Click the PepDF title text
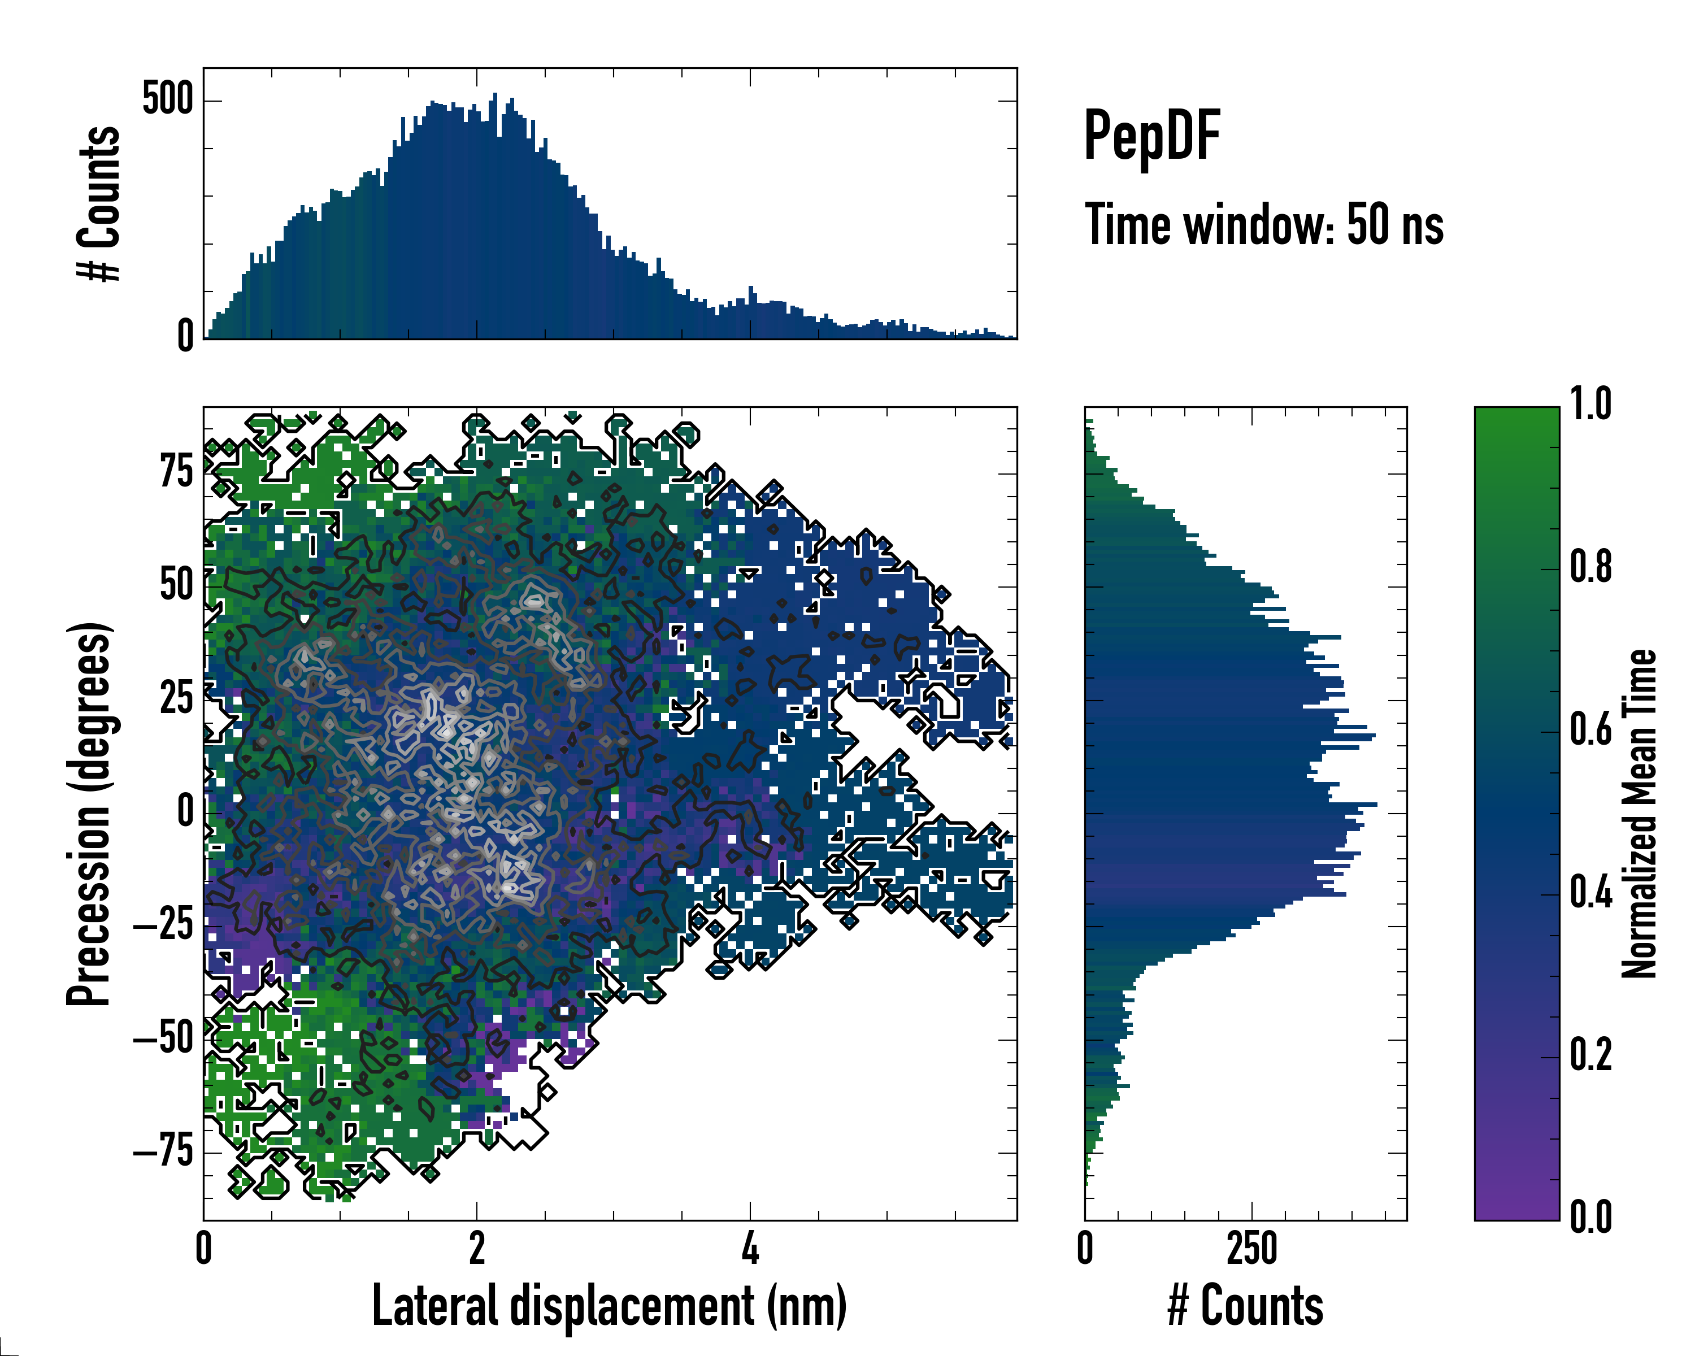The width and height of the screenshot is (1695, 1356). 1151,137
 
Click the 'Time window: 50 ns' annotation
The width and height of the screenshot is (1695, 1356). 1263,225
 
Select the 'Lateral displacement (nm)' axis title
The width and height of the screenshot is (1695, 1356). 609,1306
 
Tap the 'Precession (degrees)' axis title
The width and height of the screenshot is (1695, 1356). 88,814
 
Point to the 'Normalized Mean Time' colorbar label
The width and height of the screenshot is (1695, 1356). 1638,814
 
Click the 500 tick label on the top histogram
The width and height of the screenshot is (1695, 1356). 167,100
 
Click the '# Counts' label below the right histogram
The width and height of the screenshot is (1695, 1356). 1245,1306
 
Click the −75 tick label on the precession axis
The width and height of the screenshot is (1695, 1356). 163,1153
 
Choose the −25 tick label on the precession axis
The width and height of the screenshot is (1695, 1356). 163,926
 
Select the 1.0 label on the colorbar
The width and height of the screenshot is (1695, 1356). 1590,404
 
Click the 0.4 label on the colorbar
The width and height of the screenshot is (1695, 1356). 1590,893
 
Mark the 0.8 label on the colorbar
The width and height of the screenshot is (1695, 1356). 1590,567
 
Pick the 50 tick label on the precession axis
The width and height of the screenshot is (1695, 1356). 177,586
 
